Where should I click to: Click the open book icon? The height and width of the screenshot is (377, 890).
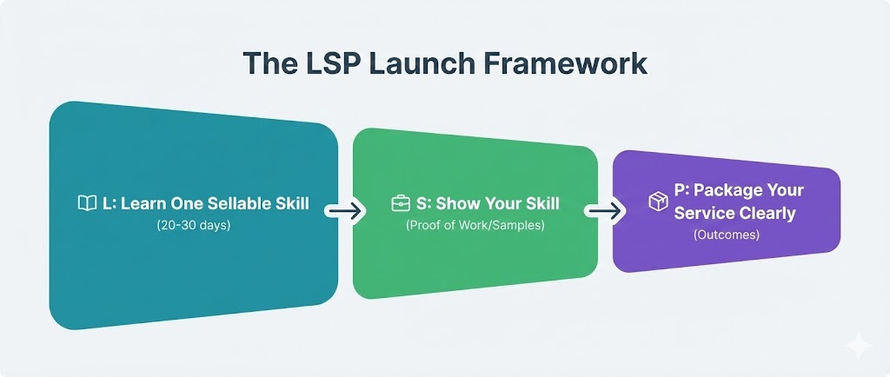[x=87, y=203]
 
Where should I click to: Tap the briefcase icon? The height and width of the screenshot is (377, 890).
[x=401, y=204]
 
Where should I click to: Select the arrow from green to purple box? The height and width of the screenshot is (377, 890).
[x=605, y=210]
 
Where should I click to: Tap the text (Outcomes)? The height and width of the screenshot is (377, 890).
[x=727, y=235]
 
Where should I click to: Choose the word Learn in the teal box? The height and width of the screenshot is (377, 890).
[x=138, y=203]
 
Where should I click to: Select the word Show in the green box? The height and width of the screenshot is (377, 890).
[x=455, y=204]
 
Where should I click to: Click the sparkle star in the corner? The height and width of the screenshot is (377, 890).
[x=859, y=346]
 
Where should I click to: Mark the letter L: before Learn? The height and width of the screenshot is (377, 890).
[x=109, y=203]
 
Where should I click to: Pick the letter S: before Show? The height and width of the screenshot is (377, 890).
[x=423, y=204]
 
